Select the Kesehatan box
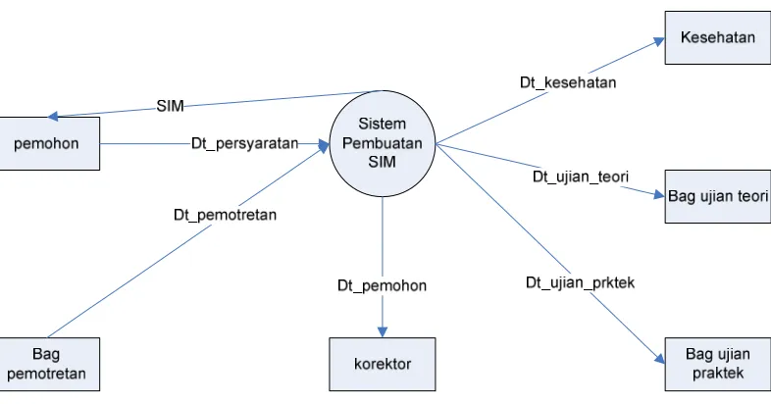718,38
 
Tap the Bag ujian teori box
718,196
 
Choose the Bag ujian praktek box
718,364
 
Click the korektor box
382,364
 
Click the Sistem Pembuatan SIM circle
382,143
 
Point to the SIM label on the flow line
170,106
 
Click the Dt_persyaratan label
245,143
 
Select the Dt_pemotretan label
226,215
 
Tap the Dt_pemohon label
382,285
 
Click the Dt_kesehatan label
568,82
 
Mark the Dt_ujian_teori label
581,177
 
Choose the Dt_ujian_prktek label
581,282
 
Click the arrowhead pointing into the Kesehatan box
659,41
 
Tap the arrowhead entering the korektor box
382,331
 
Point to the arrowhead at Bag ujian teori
659,194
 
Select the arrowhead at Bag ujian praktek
659,359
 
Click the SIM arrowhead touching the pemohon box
53,116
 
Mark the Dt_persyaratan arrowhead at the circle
324,144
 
